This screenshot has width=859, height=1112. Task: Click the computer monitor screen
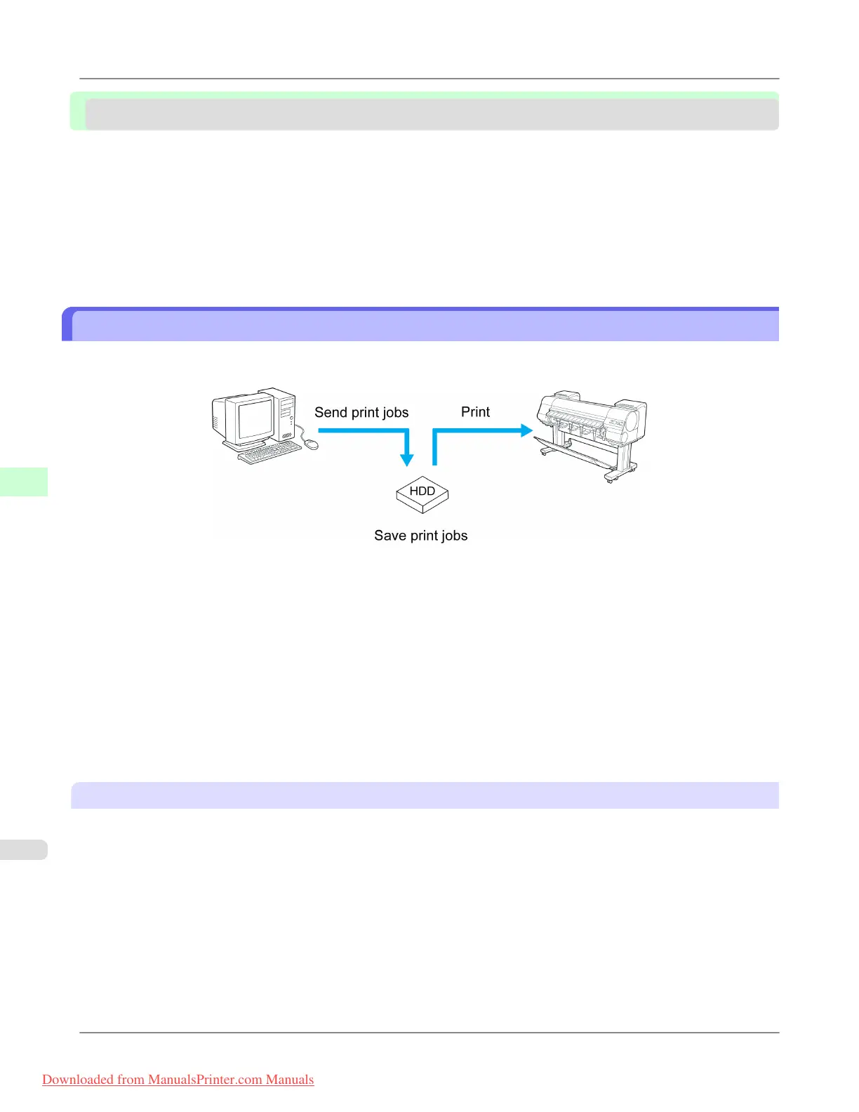pyautogui.click(x=255, y=421)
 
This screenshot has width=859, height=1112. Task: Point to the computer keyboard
pyautogui.click(x=269, y=453)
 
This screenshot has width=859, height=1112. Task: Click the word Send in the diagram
pyautogui.click(x=331, y=413)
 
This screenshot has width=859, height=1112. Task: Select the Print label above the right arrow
pyautogui.click(x=475, y=412)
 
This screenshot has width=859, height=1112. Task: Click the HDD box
pyautogui.click(x=422, y=494)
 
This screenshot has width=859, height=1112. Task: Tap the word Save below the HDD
pyautogui.click(x=390, y=536)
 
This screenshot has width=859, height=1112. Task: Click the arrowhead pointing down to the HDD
pyautogui.click(x=406, y=460)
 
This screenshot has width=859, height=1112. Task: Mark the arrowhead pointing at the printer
pyautogui.click(x=526, y=430)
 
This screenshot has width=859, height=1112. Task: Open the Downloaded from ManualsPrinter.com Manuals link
pyautogui.click(x=178, y=1080)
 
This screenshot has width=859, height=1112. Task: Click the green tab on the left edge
pyautogui.click(x=23, y=482)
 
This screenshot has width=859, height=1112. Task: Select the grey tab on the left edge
pyautogui.click(x=23, y=849)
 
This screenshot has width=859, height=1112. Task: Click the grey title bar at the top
pyautogui.click(x=431, y=114)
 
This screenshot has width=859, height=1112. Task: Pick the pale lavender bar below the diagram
pyautogui.click(x=425, y=795)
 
